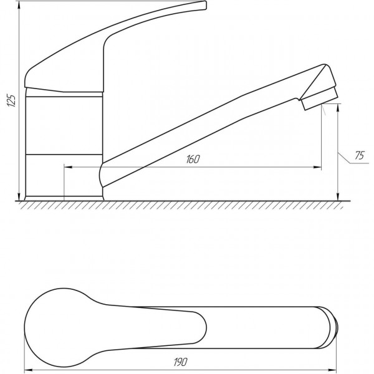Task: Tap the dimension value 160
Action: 192,160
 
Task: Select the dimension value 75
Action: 358,156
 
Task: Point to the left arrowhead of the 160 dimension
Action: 68,167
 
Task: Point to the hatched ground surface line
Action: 187,201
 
